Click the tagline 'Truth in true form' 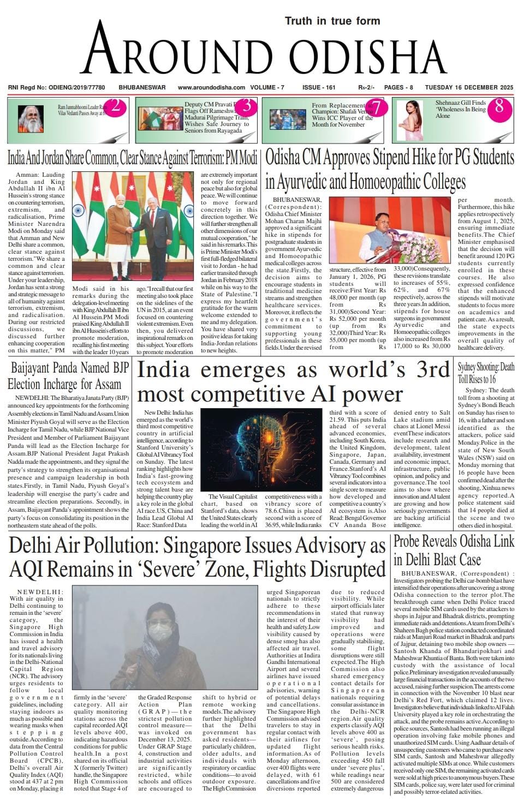[x=332, y=21]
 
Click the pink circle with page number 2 [x=115, y=106]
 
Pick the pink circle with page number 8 [x=499, y=106]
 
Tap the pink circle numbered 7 [x=378, y=107]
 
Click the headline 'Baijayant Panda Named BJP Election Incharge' [x=68, y=375]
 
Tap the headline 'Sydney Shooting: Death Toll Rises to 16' [x=486, y=373]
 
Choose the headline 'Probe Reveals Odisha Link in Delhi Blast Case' [x=453, y=550]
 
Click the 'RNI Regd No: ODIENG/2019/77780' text [x=56, y=87]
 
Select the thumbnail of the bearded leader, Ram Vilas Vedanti [x=31, y=116]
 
